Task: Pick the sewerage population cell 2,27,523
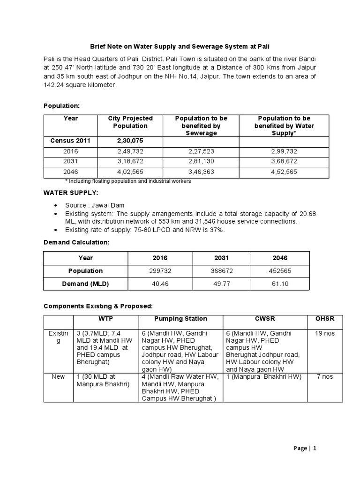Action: click(x=201, y=151)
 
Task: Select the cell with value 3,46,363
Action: click(x=201, y=172)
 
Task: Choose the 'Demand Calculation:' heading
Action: click(x=76, y=242)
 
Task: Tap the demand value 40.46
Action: click(x=160, y=284)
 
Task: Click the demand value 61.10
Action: click(x=280, y=284)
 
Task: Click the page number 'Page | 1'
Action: click(x=305, y=448)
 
